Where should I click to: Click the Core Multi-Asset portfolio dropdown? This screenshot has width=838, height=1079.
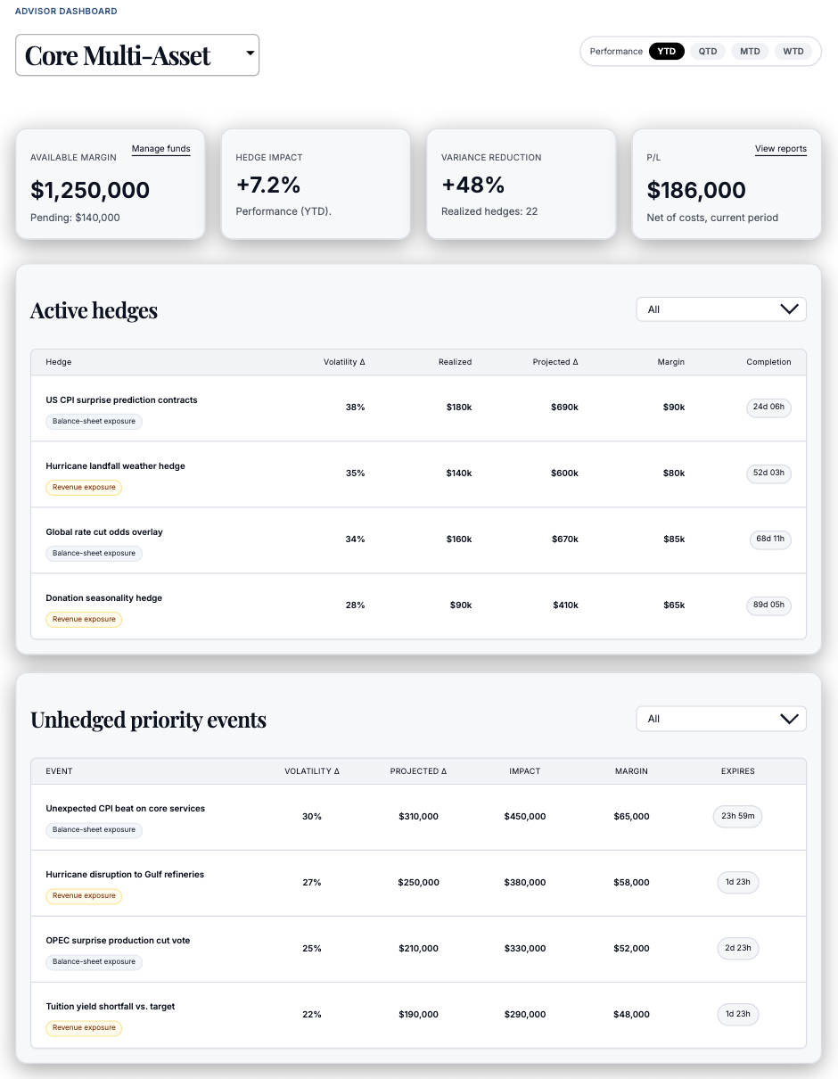pyautogui.click(x=137, y=55)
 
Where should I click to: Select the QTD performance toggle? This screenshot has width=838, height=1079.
pyautogui.click(x=707, y=52)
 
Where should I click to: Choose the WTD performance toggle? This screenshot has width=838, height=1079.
pyautogui.click(x=793, y=52)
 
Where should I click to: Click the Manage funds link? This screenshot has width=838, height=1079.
pyautogui.click(x=160, y=149)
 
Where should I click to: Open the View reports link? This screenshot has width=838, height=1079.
pyautogui.click(x=780, y=149)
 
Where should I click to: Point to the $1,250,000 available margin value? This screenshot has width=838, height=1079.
pyautogui.click(x=90, y=190)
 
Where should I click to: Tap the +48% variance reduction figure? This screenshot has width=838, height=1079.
pyautogui.click(x=473, y=185)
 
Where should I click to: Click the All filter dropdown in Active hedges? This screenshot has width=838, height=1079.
pyautogui.click(x=720, y=309)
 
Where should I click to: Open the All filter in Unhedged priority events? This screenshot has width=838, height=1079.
pyautogui.click(x=720, y=719)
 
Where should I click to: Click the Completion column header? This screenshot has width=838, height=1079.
pyautogui.click(x=768, y=362)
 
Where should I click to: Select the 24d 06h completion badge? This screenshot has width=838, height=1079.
pyautogui.click(x=768, y=407)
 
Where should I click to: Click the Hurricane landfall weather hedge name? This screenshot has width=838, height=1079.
pyautogui.click(x=115, y=466)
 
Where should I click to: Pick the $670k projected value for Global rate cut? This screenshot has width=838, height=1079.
pyautogui.click(x=564, y=539)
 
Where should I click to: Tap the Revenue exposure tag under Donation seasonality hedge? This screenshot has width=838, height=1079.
pyautogui.click(x=84, y=619)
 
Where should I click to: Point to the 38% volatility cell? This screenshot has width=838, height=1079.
pyautogui.click(x=355, y=408)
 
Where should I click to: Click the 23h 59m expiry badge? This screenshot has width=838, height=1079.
pyautogui.click(x=737, y=816)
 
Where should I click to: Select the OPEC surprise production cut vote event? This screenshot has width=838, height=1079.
pyautogui.click(x=118, y=941)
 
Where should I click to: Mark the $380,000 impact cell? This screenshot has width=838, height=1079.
pyautogui.click(x=524, y=883)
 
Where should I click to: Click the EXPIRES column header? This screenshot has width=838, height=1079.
pyautogui.click(x=737, y=771)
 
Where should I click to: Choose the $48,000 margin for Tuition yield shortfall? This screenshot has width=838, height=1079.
pyautogui.click(x=631, y=1015)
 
